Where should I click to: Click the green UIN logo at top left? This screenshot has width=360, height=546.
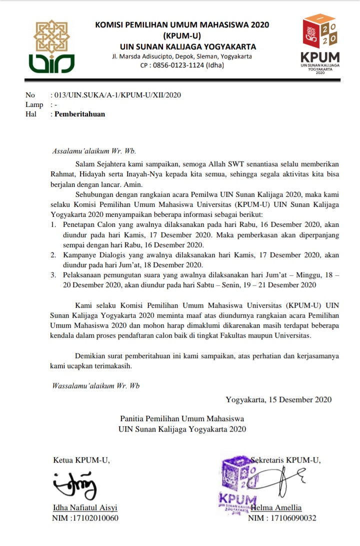coord(51,46)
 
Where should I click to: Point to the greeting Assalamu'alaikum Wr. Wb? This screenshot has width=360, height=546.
coord(94,150)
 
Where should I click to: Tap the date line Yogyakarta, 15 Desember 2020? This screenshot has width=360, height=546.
coord(278,400)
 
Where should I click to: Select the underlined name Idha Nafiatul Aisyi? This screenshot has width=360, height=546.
coord(85,508)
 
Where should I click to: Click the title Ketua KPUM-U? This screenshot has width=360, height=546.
coord(81,460)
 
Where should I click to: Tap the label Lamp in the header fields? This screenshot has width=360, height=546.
coord(34,104)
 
